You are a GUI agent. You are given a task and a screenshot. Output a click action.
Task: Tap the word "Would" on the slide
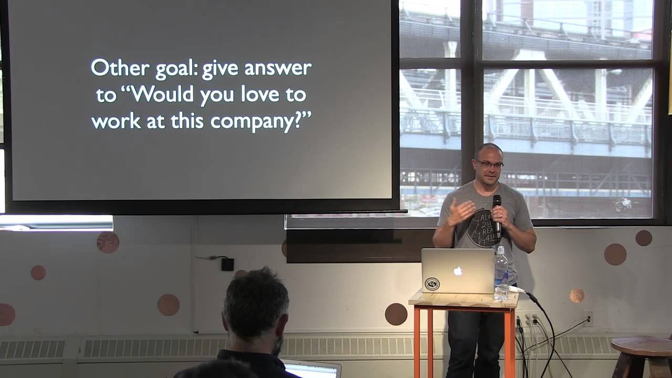pyautogui.click(x=160, y=95)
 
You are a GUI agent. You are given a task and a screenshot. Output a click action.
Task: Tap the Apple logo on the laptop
pyautogui.click(x=458, y=271)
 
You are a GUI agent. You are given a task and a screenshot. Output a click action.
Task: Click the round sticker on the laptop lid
pyautogui.click(x=432, y=283)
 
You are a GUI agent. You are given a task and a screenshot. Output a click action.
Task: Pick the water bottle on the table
pyautogui.click(x=501, y=274)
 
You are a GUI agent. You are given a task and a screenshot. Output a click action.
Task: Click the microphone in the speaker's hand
pyautogui.click(x=497, y=210)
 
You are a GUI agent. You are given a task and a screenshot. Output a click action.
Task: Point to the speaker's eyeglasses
pyautogui.click(x=490, y=165)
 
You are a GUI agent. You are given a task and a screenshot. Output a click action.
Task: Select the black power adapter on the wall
pyautogui.click(x=227, y=264)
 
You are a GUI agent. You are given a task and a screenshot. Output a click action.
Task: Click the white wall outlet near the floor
pyautogui.click(x=589, y=318)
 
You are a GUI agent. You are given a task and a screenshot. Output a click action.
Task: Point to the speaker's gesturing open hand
pyautogui.click(x=460, y=213)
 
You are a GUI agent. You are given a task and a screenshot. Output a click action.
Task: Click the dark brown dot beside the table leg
pyautogui.click(x=396, y=314)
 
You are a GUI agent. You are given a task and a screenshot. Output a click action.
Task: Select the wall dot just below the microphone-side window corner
pyautogui.click(x=644, y=238)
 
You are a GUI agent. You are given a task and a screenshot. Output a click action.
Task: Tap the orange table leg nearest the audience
pyautogui.click(x=417, y=341)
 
